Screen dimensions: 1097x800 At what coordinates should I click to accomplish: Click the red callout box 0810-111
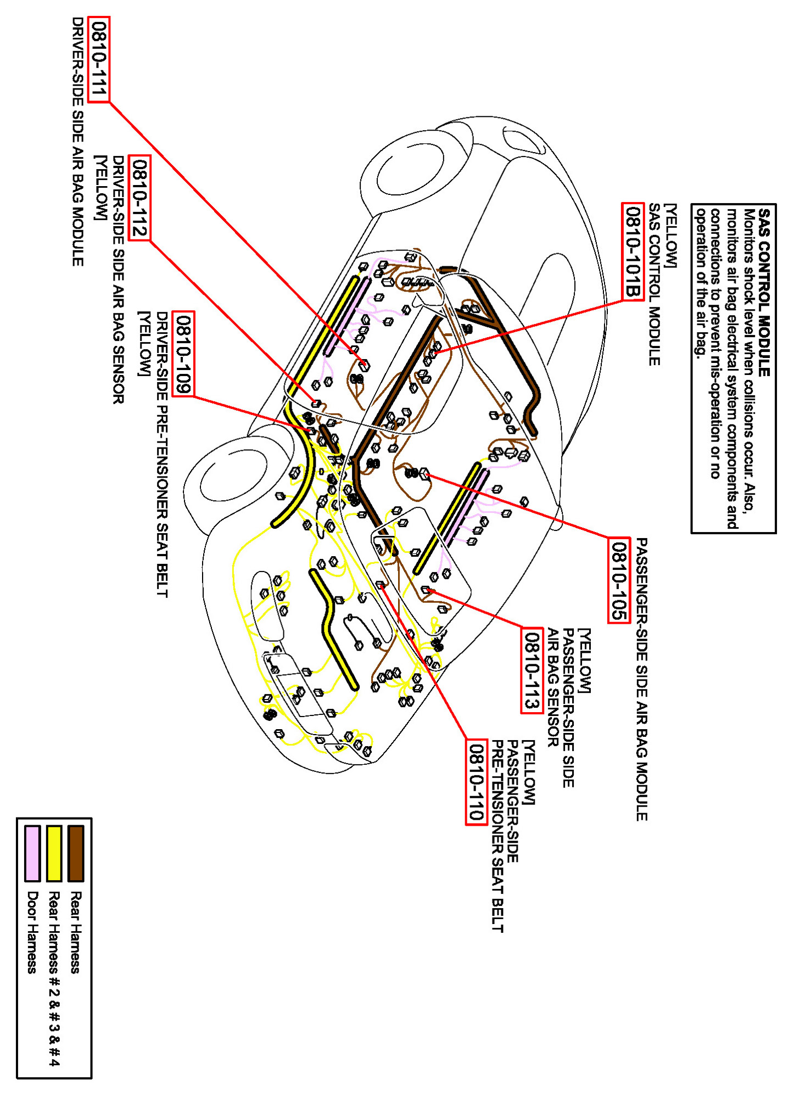(99, 59)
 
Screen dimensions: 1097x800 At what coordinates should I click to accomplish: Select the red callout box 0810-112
(138, 198)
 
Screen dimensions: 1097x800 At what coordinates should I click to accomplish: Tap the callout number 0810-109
(183, 353)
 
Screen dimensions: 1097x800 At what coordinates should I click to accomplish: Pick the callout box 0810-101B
(633, 251)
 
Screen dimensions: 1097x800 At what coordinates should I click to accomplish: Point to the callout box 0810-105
(619, 580)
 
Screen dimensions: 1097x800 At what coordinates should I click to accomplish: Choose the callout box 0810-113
(532, 670)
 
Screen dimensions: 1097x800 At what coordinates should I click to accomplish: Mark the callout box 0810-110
(477, 782)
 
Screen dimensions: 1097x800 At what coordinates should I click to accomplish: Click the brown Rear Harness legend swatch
(76, 853)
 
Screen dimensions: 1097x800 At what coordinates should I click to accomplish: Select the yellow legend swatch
(54, 853)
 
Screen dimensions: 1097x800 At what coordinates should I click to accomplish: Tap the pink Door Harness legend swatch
(32, 853)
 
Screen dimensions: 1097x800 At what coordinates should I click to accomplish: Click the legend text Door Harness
(32, 932)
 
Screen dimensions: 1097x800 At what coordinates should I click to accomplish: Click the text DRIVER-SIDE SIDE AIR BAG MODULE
(78, 142)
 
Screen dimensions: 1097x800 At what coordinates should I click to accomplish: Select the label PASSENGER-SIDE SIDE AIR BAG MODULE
(641, 679)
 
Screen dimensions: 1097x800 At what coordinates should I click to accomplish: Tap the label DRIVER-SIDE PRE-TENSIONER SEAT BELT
(162, 455)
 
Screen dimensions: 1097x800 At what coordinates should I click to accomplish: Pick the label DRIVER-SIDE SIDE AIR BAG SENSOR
(119, 280)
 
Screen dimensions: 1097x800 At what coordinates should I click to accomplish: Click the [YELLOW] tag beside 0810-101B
(670, 236)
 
